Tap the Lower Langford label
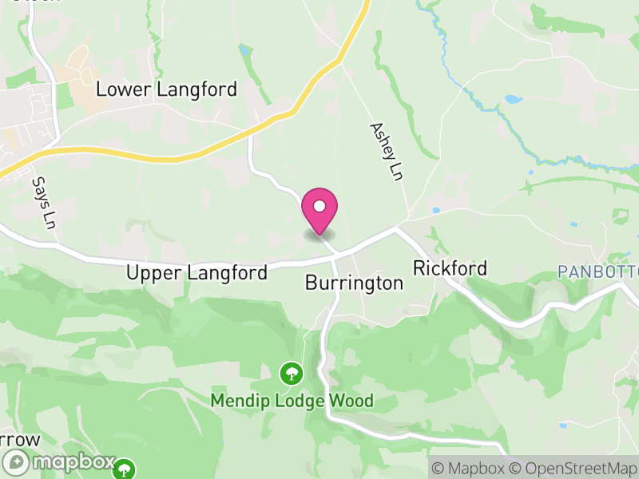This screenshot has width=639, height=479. pyautogui.click(x=166, y=89)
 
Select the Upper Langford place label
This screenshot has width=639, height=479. pyautogui.click(x=196, y=273)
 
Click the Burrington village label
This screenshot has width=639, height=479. pyautogui.click(x=354, y=283)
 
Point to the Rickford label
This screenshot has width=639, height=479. pyautogui.click(x=450, y=268)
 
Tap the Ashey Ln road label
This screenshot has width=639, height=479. pyautogui.click(x=384, y=151)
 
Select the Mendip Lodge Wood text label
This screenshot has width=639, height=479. pyautogui.click(x=292, y=400)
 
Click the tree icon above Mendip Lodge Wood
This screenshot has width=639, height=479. pyautogui.click(x=290, y=373)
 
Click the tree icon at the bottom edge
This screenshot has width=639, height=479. pyautogui.click(x=124, y=469)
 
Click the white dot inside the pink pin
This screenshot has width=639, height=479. pyautogui.click(x=319, y=205)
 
